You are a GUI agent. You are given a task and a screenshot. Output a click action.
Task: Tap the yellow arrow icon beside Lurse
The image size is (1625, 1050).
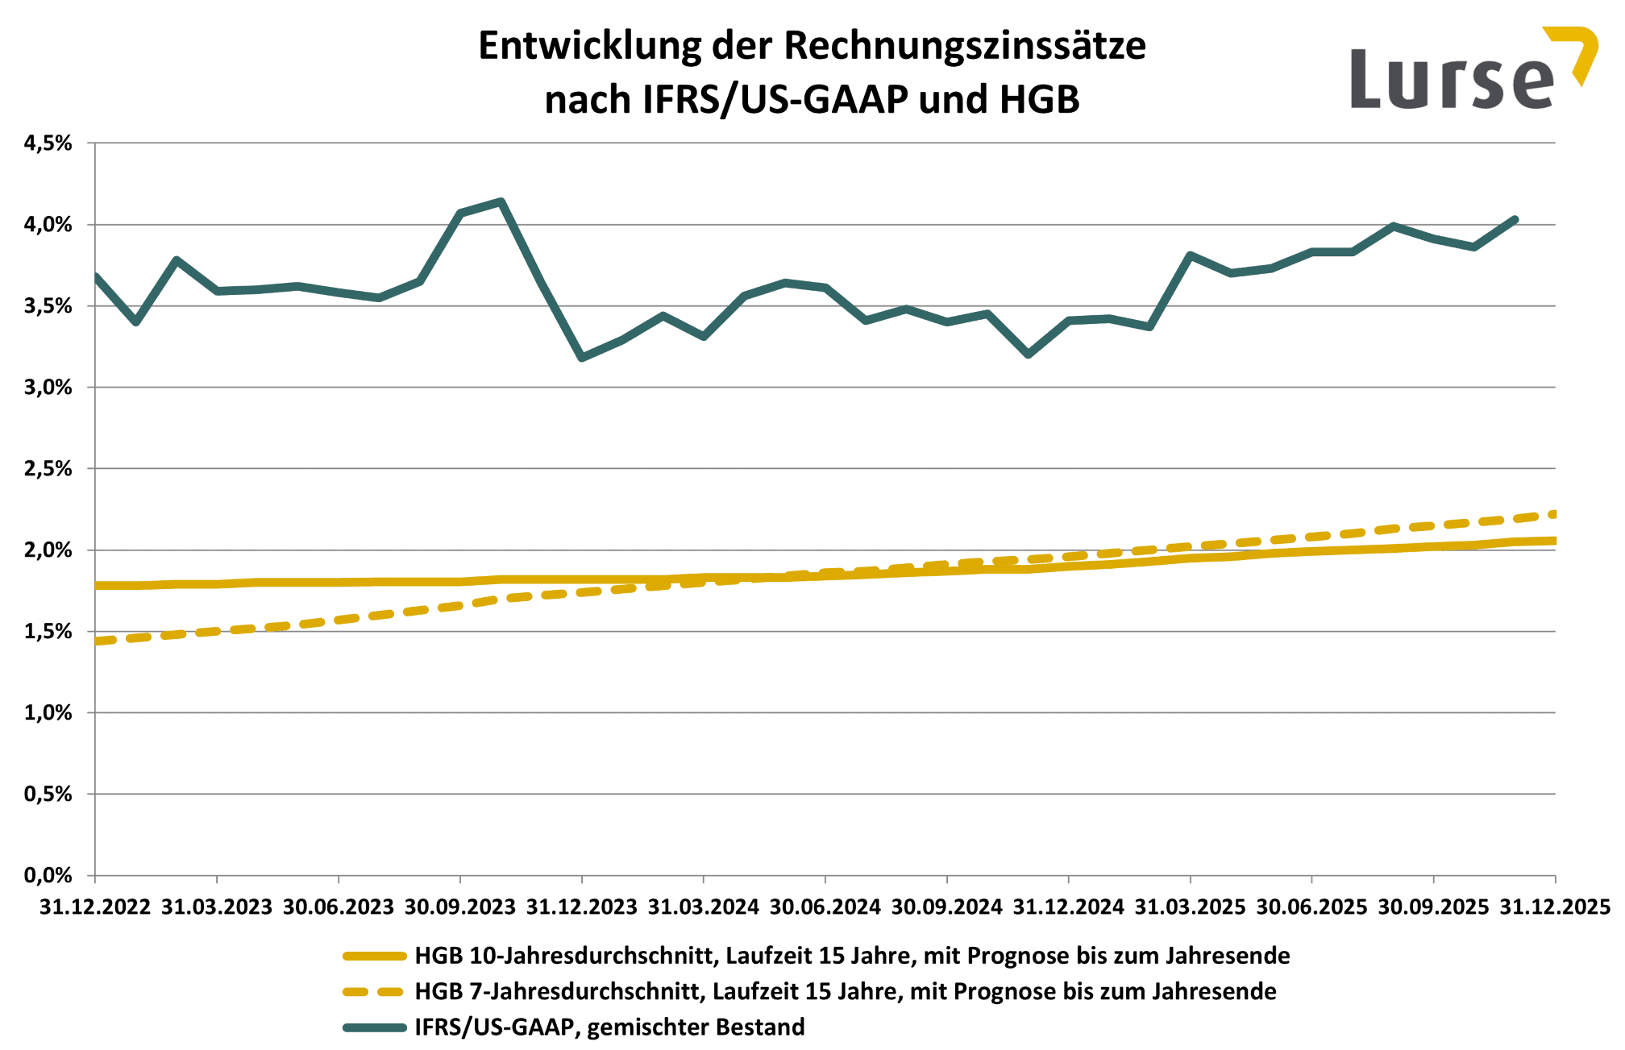(1576, 53)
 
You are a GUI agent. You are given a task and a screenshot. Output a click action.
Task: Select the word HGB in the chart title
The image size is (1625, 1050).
(1039, 100)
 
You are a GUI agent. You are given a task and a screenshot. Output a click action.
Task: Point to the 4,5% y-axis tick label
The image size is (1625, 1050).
(48, 143)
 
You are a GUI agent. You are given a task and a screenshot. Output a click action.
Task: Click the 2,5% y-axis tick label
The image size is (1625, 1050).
(48, 469)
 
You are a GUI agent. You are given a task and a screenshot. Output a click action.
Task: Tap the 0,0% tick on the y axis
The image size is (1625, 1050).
(48, 875)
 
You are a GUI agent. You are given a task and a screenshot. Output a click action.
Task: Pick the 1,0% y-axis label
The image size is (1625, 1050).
(48, 712)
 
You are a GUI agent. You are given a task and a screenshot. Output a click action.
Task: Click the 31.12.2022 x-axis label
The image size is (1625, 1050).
(95, 907)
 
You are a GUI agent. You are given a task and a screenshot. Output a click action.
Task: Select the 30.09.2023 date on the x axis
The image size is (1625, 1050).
(459, 907)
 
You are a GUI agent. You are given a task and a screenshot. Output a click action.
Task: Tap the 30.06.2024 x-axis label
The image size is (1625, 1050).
(825, 907)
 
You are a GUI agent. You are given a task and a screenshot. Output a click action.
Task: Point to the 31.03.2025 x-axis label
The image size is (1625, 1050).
(1190, 907)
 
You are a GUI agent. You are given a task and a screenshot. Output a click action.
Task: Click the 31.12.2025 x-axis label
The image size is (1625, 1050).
(1554, 907)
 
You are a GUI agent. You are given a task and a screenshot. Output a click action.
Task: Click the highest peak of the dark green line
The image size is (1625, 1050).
(501, 201)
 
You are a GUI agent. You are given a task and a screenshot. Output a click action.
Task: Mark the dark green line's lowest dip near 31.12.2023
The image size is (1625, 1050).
(582, 357)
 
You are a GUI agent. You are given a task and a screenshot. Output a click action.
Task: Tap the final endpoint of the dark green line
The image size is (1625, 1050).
(1515, 219)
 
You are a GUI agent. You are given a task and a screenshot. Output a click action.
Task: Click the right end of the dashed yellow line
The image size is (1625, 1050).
(1553, 514)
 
